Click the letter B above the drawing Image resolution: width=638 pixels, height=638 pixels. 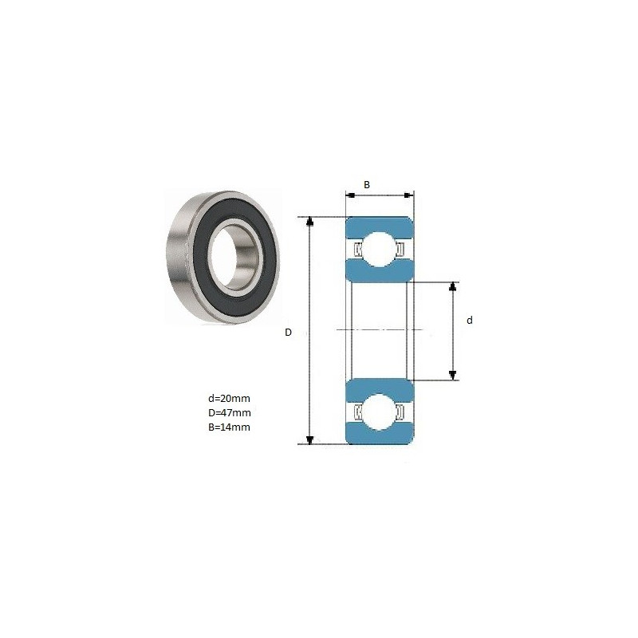click(367, 185)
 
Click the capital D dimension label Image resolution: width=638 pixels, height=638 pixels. click(288, 333)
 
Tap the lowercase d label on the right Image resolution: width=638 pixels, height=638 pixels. click(470, 321)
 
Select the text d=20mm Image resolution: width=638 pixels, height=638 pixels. click(229, 398)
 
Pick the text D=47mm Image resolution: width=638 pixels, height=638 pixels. click(230, 412)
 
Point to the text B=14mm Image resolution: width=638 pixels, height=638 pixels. click(229, 427)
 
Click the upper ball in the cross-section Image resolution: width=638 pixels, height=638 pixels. click(379, 249)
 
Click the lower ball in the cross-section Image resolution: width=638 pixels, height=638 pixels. click(379, 412)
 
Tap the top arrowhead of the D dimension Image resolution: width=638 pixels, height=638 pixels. click(310, 221)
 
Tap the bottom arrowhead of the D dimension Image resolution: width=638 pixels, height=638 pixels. click(310, 440)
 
